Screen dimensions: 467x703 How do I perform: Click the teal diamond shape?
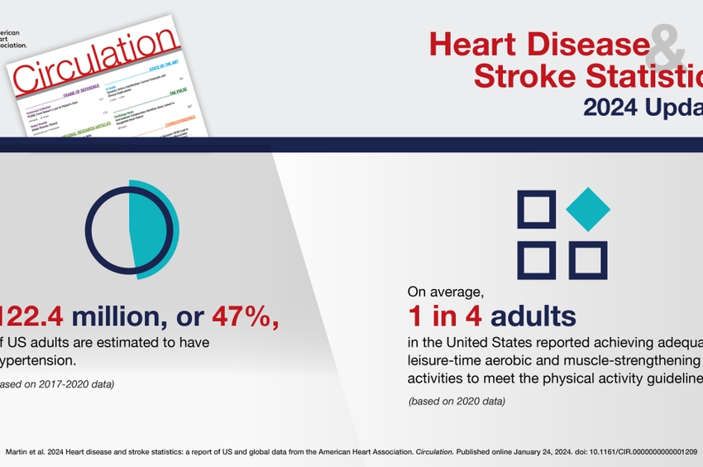pos(588,209)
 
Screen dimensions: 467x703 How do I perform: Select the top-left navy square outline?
pos(536,209)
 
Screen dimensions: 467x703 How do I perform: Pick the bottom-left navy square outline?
pos(536,260)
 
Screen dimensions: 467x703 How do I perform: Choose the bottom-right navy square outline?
pos(588,260)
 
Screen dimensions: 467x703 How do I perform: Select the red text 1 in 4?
pos(446,315)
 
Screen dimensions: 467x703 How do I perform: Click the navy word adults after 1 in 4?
pos(533,315)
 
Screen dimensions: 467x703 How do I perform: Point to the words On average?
pos(443,291)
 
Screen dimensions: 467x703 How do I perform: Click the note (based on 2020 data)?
pos(457,401)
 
